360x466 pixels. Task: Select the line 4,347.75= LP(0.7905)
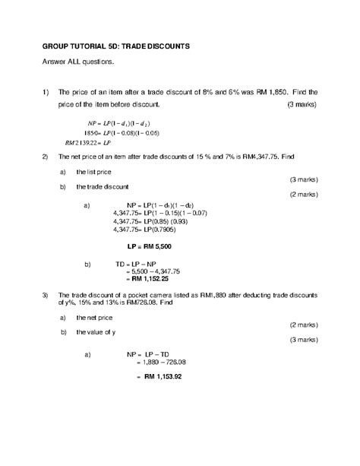(141, 229)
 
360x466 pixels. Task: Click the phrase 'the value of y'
(96, 333)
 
